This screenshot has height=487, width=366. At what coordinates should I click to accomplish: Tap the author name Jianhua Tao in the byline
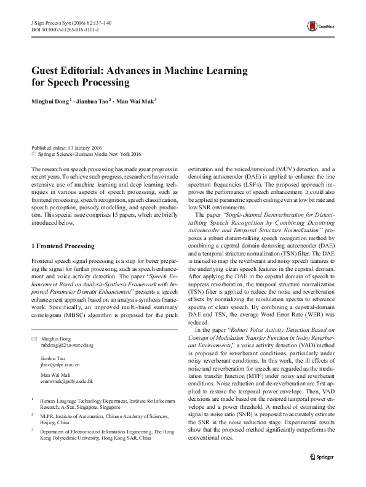pos(96,100)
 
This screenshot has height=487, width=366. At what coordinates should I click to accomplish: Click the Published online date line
pos(67,148)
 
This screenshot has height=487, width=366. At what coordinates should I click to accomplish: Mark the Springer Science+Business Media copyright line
pos(89,154)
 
